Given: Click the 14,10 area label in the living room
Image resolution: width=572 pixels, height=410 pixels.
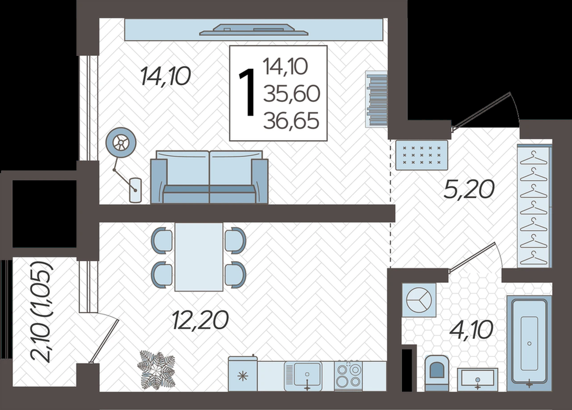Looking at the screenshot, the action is (166, 76).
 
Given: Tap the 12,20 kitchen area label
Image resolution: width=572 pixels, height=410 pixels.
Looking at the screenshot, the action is (200, 320).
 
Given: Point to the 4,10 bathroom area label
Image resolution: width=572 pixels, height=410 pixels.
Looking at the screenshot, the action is (471, 330).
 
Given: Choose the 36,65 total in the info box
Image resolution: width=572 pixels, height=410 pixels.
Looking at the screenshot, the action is (291, 120).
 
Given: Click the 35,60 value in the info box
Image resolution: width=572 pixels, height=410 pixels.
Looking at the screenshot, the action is (292, 93).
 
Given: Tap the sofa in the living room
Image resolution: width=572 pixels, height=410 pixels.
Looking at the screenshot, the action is (209, 177).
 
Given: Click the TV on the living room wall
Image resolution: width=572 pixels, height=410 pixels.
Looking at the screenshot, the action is (254, 30).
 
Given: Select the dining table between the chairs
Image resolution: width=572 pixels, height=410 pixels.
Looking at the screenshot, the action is (199, 257).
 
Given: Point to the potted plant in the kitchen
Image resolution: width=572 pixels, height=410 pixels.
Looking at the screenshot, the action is (156, 374).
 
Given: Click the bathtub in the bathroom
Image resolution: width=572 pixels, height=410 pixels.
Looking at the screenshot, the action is (529, 343).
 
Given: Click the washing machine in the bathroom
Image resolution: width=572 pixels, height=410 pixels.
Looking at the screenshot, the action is (419, 300).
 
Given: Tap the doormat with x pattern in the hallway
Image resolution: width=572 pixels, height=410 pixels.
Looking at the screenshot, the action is (422, 155).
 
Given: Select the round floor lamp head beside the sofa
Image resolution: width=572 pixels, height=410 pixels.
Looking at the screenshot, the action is (121, 142).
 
